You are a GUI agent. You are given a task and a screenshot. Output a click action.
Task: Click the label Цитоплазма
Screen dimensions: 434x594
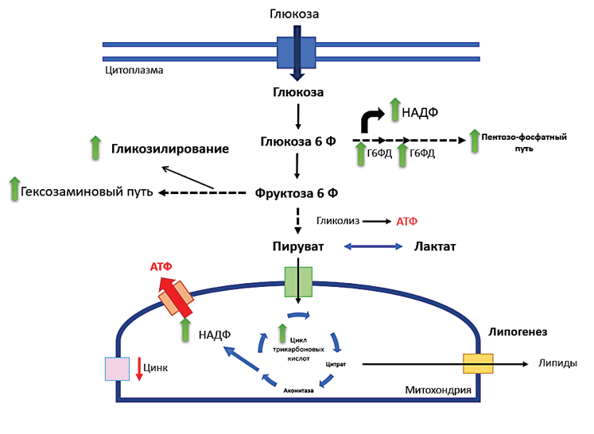point(134,70)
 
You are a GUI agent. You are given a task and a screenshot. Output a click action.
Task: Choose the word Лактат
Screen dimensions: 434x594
point(435,247)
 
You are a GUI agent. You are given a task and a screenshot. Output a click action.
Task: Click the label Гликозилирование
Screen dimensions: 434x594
point(170,149)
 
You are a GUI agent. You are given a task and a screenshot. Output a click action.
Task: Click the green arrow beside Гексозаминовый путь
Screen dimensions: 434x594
point(14,189)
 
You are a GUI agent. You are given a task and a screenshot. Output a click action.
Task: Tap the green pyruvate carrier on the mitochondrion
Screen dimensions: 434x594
point(298,281)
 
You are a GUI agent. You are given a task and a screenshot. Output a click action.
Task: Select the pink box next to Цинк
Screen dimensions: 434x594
point(117,369)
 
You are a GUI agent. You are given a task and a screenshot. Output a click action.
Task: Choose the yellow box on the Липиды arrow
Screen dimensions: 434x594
point(478,364)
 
